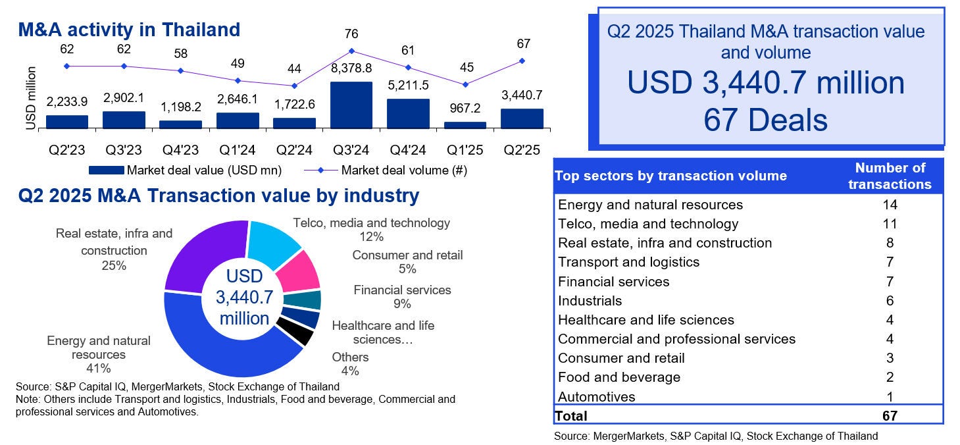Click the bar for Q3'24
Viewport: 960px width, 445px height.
tap(351, 105)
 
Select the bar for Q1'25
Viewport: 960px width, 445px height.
tap(465, 125)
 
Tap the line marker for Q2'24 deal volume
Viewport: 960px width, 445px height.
tap(294, 86)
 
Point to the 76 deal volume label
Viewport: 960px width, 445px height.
tap(351, 34)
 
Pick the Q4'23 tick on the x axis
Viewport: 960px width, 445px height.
tap(180, 149)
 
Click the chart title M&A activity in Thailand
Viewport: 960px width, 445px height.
tap(129, 30)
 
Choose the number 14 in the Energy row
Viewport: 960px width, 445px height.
tap(890, 205)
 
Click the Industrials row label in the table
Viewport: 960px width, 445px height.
tap(590, 301)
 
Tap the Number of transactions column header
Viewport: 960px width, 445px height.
tap(890, 176)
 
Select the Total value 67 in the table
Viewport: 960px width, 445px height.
tap(890, 415)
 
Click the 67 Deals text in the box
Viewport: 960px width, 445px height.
tap(765, 120)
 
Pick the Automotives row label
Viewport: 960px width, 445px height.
tap(596, 397)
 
